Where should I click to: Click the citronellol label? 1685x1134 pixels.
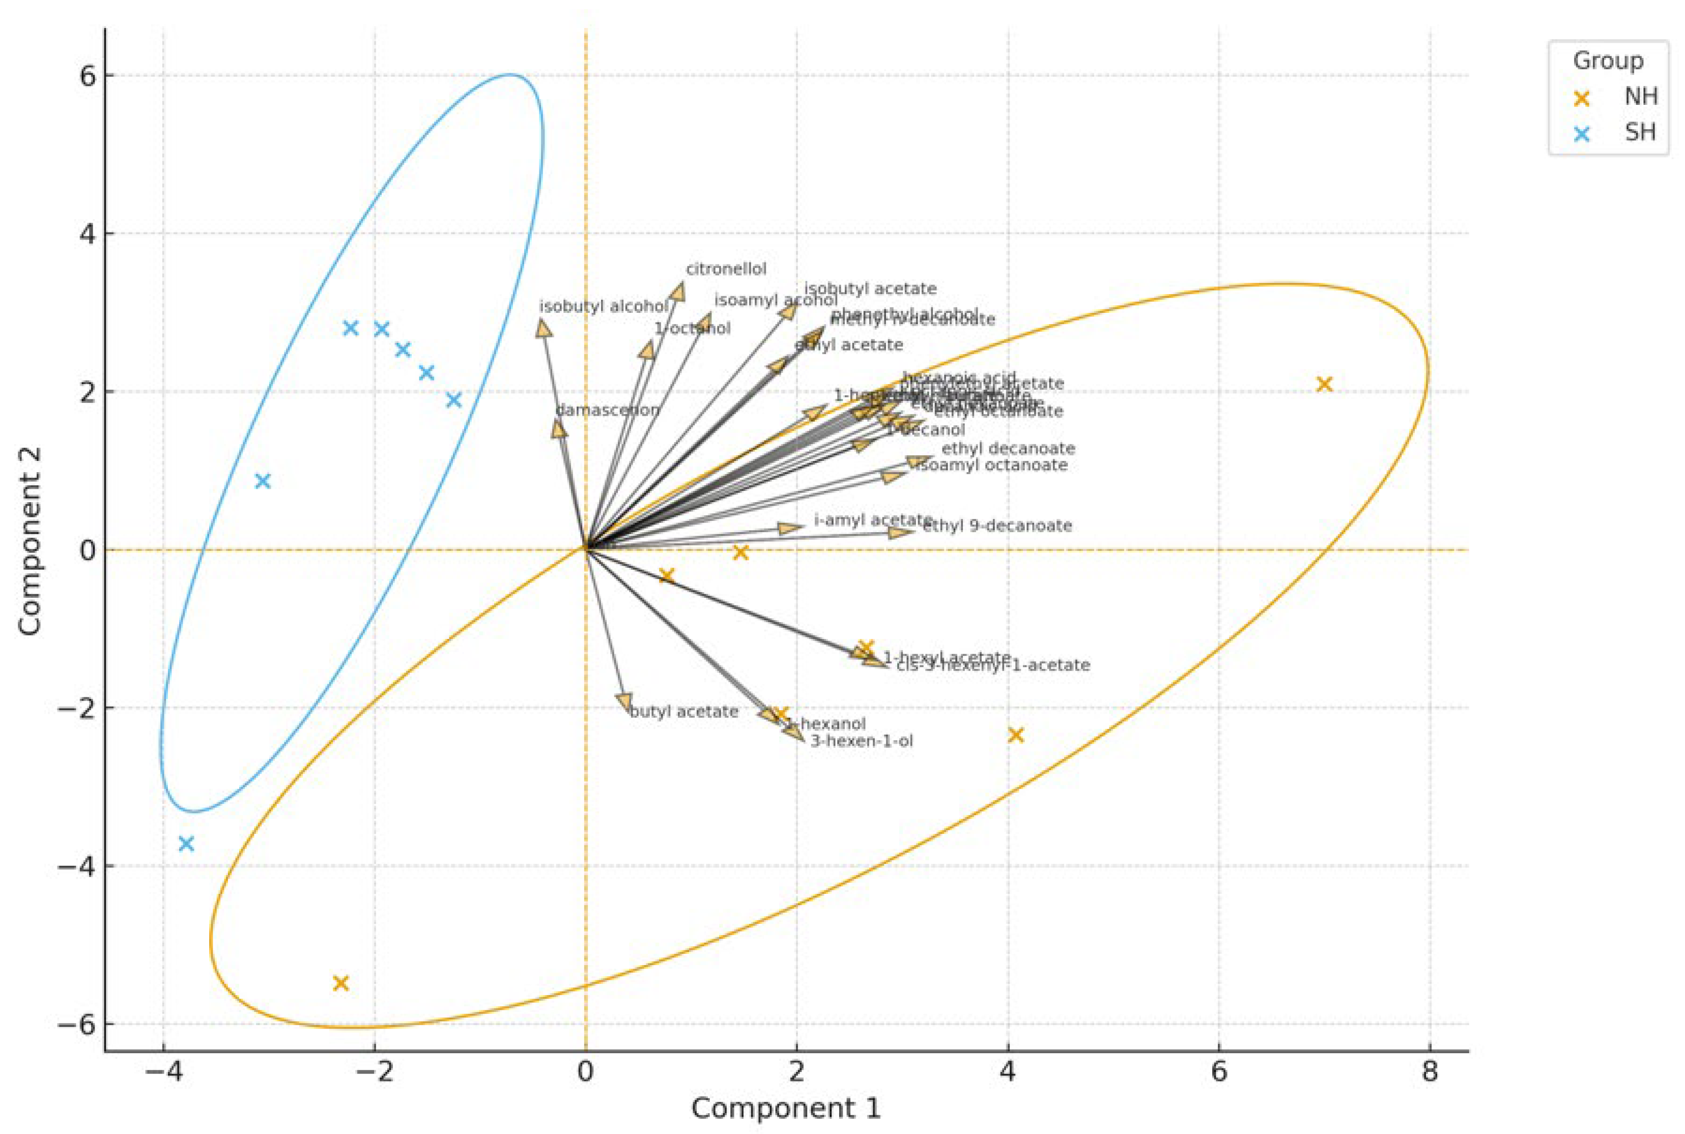pos(726,269)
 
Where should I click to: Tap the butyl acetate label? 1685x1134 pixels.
pos(683,712)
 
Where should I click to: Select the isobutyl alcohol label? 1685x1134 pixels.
pos(604,307)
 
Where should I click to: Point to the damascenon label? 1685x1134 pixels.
pos(607,410)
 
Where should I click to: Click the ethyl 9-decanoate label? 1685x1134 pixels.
pos(997,526)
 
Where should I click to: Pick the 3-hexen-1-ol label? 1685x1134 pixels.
pos(861,741)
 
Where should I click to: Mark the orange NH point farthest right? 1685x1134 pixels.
pos(1324,384)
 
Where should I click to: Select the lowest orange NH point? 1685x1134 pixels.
pos(341,983)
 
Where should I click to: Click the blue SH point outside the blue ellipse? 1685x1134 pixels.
pos(186,844)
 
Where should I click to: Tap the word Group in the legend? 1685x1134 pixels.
pos(1608,61)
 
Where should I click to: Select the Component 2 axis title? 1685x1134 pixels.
pos(31,542)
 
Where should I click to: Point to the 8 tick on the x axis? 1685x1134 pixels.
pos(1430,1072)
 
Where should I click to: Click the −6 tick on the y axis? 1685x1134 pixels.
pos(78,1024)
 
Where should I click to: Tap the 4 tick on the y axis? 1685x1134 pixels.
pos(87,234)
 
